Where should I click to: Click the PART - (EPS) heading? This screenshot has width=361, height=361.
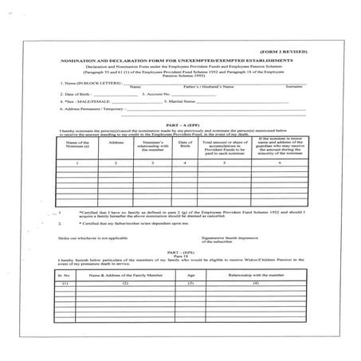click(x=180, y=252)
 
